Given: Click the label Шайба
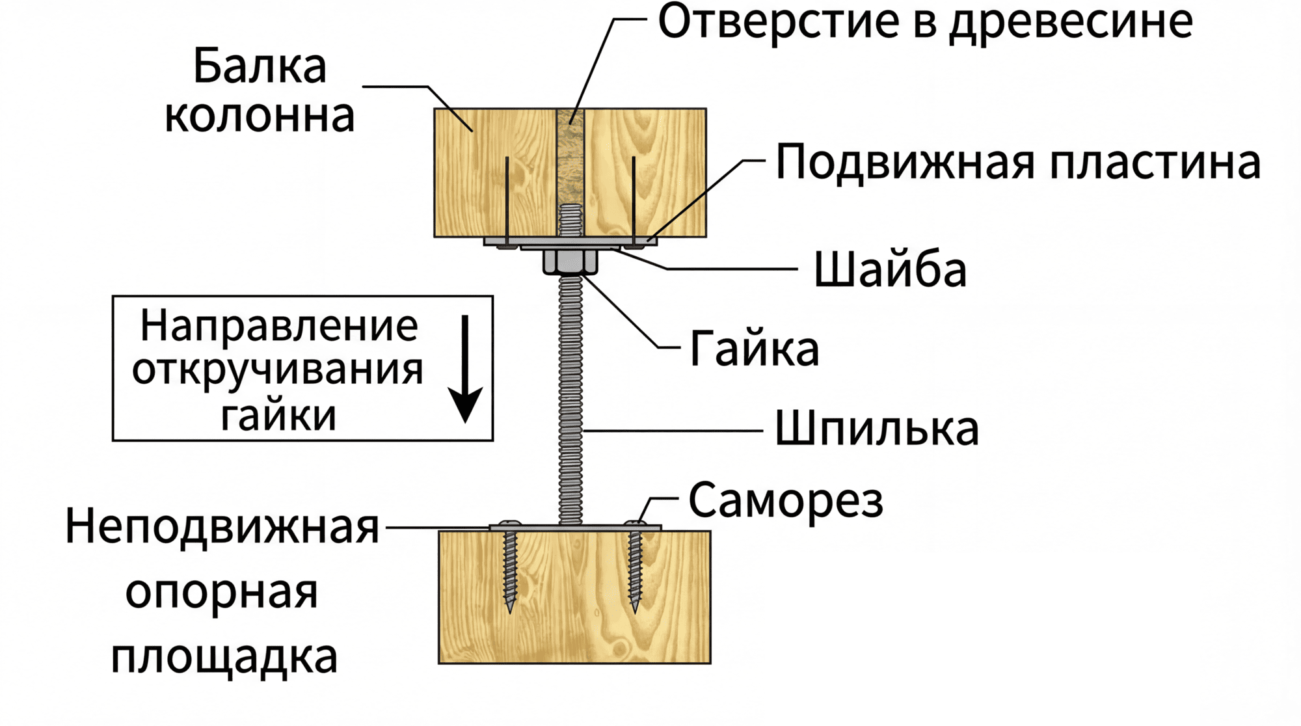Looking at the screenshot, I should [x=890, y=269].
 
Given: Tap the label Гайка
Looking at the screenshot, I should [x=754, y=349].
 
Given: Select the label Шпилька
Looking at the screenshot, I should [x=876, y=429].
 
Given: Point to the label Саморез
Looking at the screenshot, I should [x=786, y=501].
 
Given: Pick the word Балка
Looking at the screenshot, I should [x=260, y=67].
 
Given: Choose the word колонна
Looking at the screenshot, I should [x=259, y=116].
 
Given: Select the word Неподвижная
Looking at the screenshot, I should [x=222, y=527].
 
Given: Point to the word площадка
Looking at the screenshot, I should [x=224, y=657].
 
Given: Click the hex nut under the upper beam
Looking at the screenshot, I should [x=570, y=262].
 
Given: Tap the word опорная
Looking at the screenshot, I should [x=222, y=593].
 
